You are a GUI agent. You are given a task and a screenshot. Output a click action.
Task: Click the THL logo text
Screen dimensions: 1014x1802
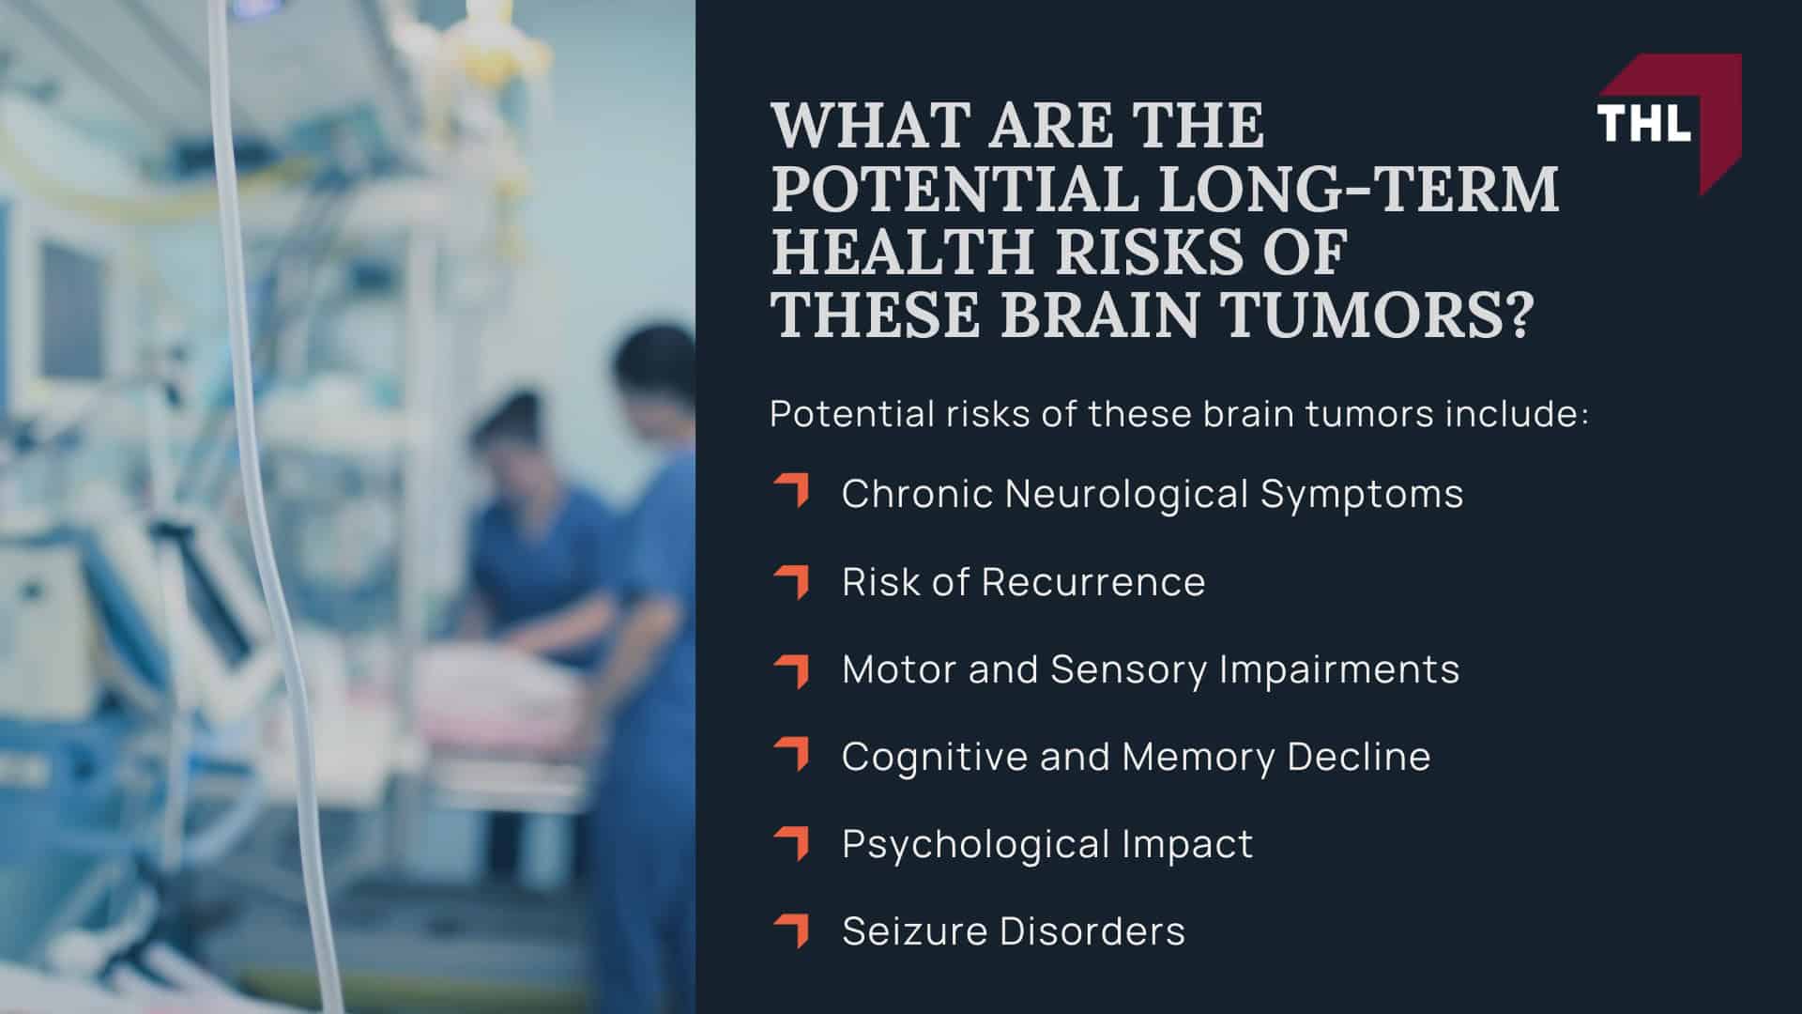[x=1643, y=122]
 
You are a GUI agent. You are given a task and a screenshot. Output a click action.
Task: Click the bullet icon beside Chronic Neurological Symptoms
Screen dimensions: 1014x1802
[x=792, y=491]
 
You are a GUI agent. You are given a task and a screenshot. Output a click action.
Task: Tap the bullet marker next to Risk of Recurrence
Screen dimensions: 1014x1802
[x=792, y=580]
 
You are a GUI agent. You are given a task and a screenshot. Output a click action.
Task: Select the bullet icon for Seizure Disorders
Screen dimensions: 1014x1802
[x=792, y=929]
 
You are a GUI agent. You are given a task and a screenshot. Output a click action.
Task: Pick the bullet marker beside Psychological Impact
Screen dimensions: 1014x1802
[x=792, y=842]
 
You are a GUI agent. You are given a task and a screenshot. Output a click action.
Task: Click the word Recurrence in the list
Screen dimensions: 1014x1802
[x=1093, y=582]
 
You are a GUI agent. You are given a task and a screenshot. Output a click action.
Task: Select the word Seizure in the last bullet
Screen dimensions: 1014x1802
[x=914, y=931]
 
